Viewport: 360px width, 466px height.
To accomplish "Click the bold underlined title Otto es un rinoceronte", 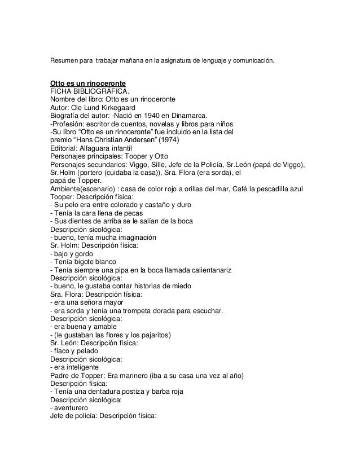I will click(87, 83).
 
